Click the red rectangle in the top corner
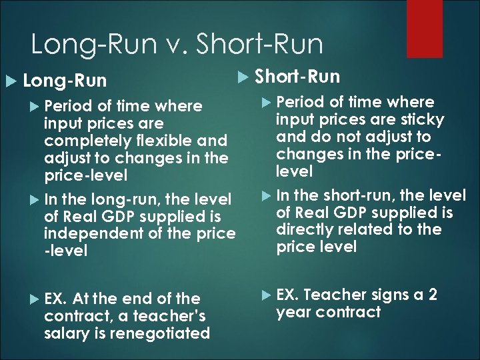click(424, 28)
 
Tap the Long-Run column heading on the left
click(64, 81)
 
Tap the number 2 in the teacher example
click(432, 294)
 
